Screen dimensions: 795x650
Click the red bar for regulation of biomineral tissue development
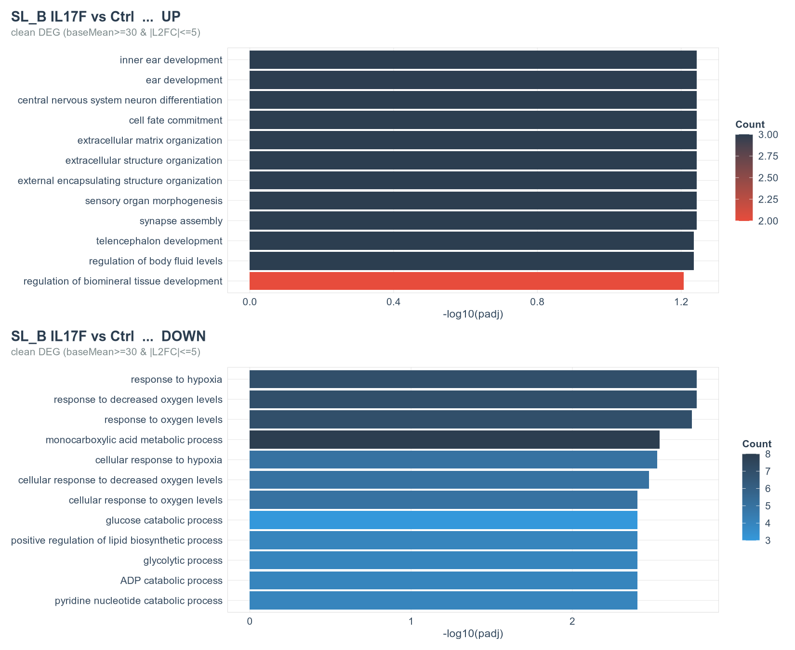point(466,281)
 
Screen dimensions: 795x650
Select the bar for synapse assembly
point(473,221)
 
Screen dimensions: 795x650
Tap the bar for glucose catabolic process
point(443,520)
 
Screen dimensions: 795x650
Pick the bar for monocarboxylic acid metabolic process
point(454,440)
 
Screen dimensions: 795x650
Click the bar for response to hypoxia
point(473,379)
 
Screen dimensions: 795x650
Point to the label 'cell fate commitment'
point(176,120)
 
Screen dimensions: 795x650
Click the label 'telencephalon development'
point(159,241)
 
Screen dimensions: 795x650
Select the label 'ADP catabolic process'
point(172,581)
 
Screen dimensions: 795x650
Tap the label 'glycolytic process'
point(183,560)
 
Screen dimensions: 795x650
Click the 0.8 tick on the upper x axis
point(537,302)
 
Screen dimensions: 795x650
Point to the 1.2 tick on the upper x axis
point(681,302)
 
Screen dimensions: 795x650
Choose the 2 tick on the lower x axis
point(572,622)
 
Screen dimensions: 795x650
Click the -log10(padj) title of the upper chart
point(473,314)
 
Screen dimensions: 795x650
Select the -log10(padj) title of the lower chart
point(473,634)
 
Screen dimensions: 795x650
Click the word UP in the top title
point(171,16)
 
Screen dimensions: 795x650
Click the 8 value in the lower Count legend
point(768,454)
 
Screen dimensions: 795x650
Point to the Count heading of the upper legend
point(750,124)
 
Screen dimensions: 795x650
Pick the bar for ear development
point(473,80)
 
